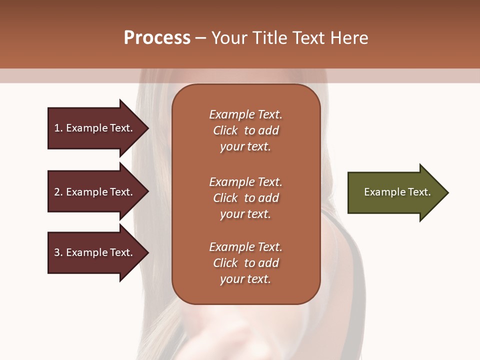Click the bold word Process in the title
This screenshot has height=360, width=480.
point(157,38)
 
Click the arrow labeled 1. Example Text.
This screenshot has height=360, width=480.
point(95,128)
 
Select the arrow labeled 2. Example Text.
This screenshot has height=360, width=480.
point(95,192)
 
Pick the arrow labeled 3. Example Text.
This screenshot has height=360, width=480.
point(95,252)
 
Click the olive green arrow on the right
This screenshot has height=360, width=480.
point(395,192)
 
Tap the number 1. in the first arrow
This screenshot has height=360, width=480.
point(58,128)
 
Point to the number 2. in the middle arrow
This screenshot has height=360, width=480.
point(58,192)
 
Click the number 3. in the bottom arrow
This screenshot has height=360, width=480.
point(58,252)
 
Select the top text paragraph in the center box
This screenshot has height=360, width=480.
point(245,130)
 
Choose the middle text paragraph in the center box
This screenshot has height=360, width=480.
point(245,198)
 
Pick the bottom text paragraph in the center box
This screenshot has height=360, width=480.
point(245,263)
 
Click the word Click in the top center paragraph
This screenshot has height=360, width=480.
point(225,130)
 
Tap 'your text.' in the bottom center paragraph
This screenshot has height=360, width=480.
point(245,279)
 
